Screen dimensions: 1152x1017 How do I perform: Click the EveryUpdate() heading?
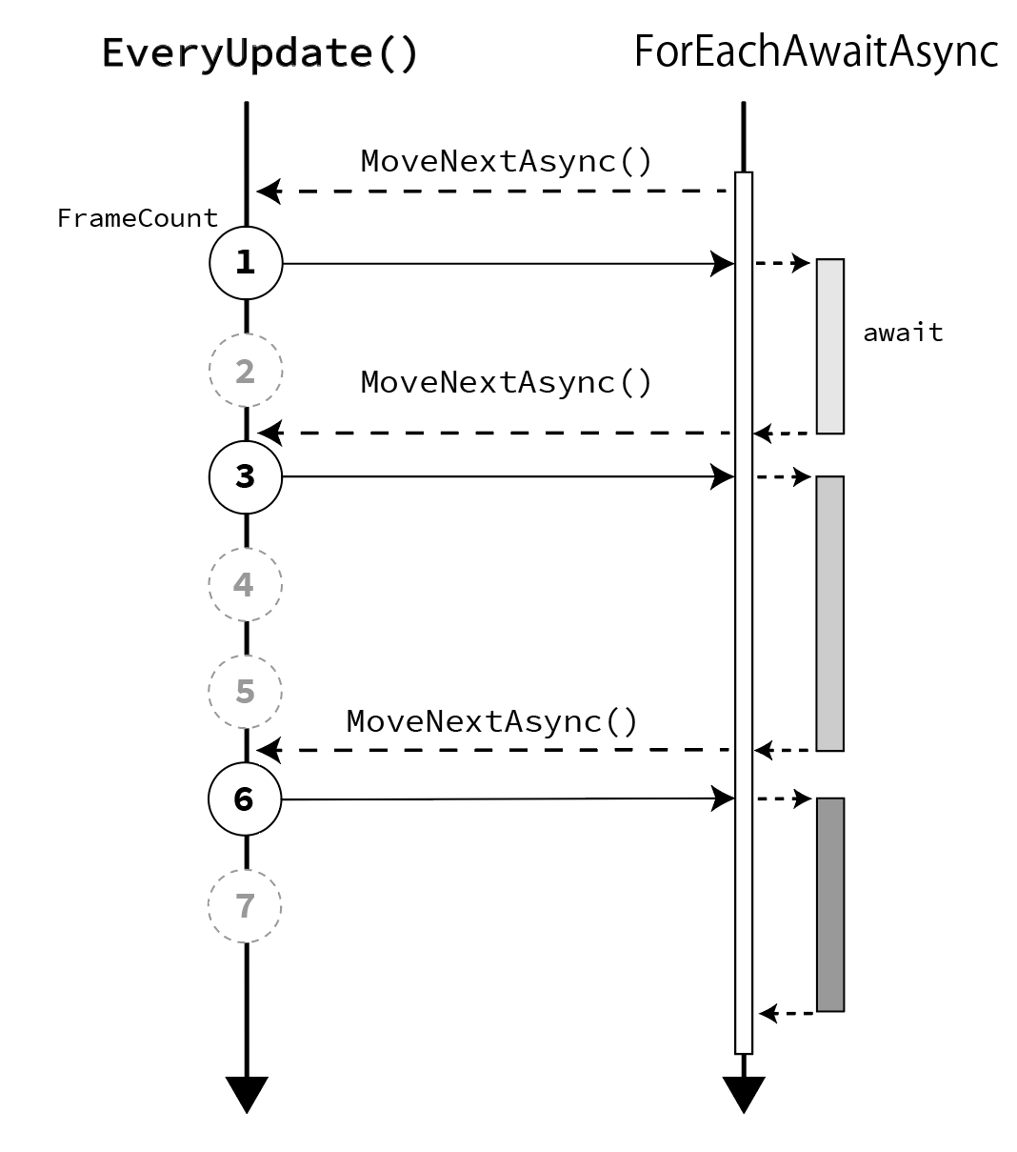tap(259, 54)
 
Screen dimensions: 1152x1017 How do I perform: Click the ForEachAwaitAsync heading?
tap(815, 52)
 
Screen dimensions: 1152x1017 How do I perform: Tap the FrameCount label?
tap(137, 218)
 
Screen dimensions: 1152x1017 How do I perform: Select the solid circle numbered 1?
tap(246, 263)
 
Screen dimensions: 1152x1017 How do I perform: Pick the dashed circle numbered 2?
tap(246, 371)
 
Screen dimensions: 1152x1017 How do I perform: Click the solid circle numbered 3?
tap(246, 476)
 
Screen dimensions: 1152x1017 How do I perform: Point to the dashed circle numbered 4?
tap(245, 584)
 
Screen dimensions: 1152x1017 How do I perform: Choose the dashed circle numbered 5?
tap(245, 691)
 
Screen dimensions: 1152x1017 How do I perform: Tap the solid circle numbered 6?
tap(245, 799)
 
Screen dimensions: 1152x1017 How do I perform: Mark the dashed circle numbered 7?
tap(245, 905)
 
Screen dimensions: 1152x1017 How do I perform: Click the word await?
tap(903, 333)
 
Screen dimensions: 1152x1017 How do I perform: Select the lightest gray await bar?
tap(829, 346)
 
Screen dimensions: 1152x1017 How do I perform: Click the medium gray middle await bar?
tap(829, 613)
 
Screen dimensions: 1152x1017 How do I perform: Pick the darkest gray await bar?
tap(829, 904)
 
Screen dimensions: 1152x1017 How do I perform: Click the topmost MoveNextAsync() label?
tap(507, 161)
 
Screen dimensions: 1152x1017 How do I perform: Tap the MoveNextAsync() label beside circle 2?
tap(507, 382)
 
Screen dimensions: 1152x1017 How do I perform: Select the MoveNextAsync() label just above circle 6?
tap(492, 721)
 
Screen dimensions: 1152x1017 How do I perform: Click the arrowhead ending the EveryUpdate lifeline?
tap(247, 1092)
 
